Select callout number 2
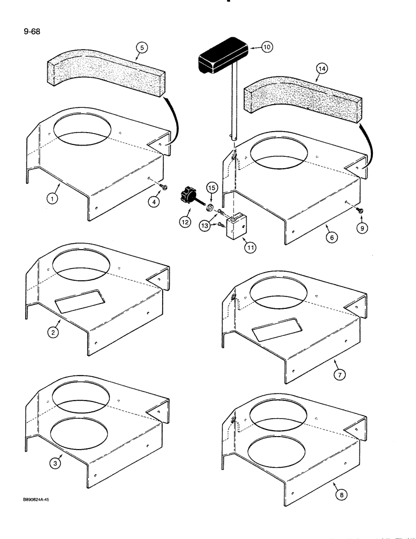point(53,333)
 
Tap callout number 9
point(361,229)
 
